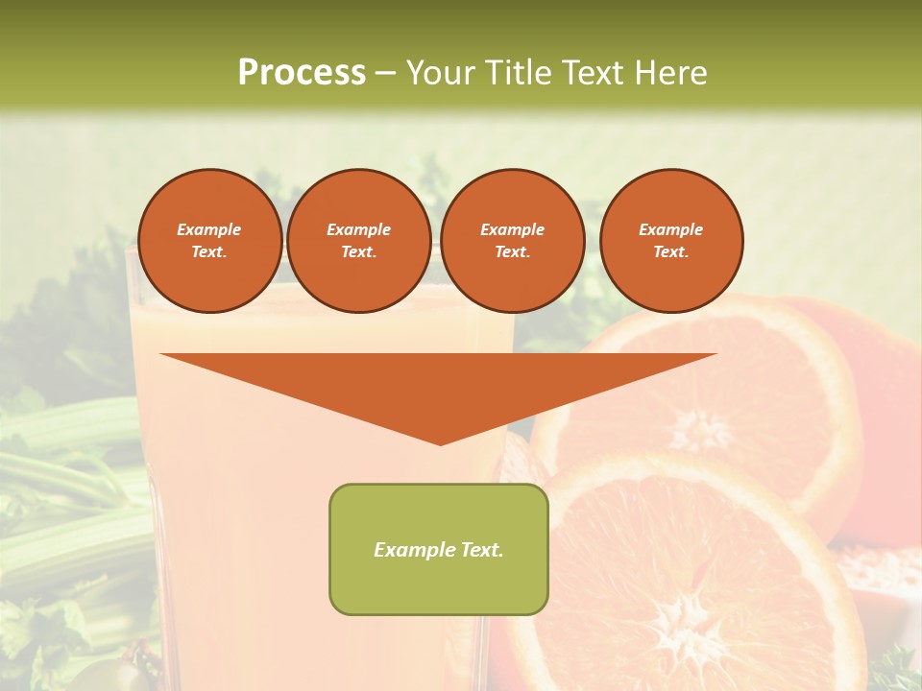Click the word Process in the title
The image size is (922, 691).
coord(302,73)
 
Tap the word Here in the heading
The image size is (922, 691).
coord(669,73)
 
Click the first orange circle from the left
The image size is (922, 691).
coord(209,241)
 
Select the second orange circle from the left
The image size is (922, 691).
coord(358,241)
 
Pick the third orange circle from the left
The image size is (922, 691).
coord(512,241)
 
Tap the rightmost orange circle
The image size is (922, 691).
coord(670,241)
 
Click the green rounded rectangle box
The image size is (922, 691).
coord(439,549)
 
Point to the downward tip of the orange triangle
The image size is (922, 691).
coord(440,443)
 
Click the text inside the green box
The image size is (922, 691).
coord(439,550)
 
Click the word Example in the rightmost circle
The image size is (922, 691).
coord(670,229)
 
